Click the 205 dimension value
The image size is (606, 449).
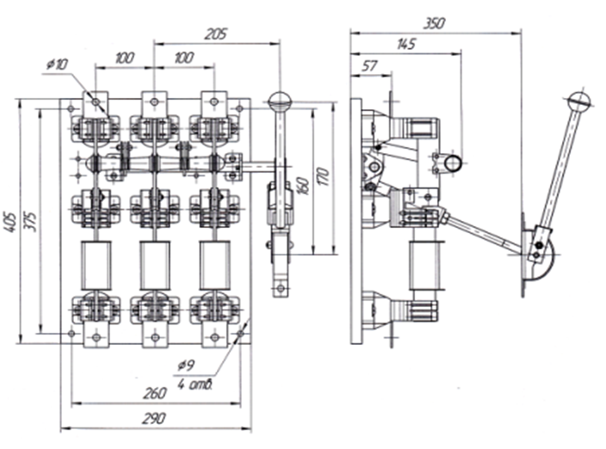tap(216, 34)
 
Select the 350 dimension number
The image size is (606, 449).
tap(434, 23)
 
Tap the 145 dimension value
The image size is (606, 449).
tap(406, 44)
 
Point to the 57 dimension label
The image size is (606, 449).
tap(369, 66)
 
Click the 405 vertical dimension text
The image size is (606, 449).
tap(10, 221)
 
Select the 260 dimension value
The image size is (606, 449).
tap(155, 393)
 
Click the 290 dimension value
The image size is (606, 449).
tap(154, 419)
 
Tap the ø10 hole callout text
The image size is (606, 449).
tap(57, 64)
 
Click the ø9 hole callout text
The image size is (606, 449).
tap(186, 366)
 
